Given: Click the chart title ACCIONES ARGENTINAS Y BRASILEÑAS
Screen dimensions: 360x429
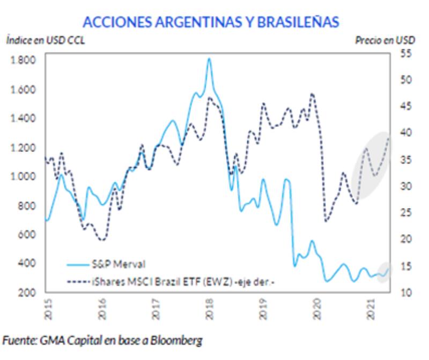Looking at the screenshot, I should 210,21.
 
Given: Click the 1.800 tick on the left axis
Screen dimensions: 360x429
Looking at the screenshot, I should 23,60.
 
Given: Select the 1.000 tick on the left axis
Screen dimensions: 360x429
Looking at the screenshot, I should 23,176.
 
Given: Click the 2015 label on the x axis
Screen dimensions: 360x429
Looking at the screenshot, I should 47,310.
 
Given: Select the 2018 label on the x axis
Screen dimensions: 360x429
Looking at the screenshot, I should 209,310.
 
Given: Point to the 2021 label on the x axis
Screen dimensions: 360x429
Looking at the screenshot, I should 371,310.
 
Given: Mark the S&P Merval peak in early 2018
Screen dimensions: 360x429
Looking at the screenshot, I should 209,58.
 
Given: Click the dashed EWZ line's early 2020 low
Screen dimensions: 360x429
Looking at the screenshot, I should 326,221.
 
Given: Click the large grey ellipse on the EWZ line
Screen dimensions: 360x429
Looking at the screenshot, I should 372,166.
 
